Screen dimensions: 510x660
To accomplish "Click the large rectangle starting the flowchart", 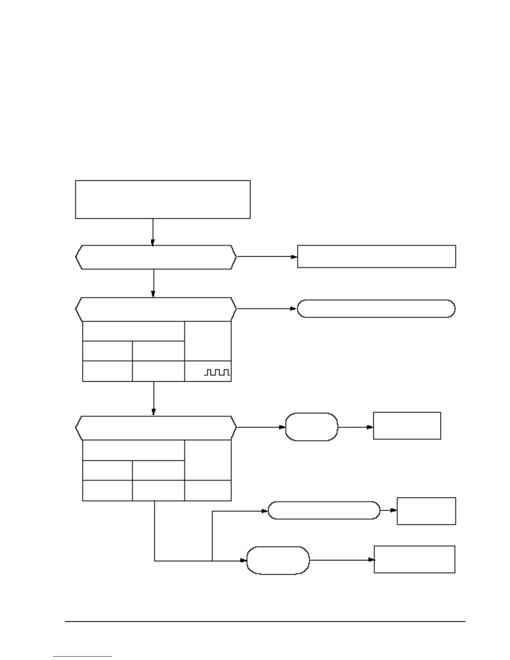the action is (x=162, y=199).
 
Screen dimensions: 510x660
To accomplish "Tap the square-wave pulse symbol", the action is (x=217, y=372).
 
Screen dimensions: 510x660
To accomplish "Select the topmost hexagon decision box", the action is (x=156, y=257).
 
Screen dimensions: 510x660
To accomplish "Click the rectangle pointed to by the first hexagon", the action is (x=376, y=256).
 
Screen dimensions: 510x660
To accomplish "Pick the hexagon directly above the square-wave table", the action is (x=156, y=309).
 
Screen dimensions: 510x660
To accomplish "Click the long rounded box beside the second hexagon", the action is (x=376, y=309).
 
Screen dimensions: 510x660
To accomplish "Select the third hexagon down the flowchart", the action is (x=156, y=427).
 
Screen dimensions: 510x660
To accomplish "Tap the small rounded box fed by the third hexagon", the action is (x=311, y=427).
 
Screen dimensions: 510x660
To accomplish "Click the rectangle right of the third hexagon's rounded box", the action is (x=407, y=425).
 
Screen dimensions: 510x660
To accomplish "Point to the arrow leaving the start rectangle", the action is (x=153, y=232).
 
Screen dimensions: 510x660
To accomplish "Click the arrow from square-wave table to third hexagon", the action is (x=154, y=398).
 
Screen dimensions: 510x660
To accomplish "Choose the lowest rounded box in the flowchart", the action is (x=278, y=560).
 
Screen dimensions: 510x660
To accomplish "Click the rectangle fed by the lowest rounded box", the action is (x=414, y=560).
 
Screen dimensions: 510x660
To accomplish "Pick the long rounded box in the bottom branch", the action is (x=324, y=510).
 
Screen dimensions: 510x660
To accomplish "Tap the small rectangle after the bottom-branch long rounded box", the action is (x=426, y=511).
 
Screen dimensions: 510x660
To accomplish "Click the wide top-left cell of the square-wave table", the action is (x=133, y=331).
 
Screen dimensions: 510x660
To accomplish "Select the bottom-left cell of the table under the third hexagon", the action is (x=107, y=490).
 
